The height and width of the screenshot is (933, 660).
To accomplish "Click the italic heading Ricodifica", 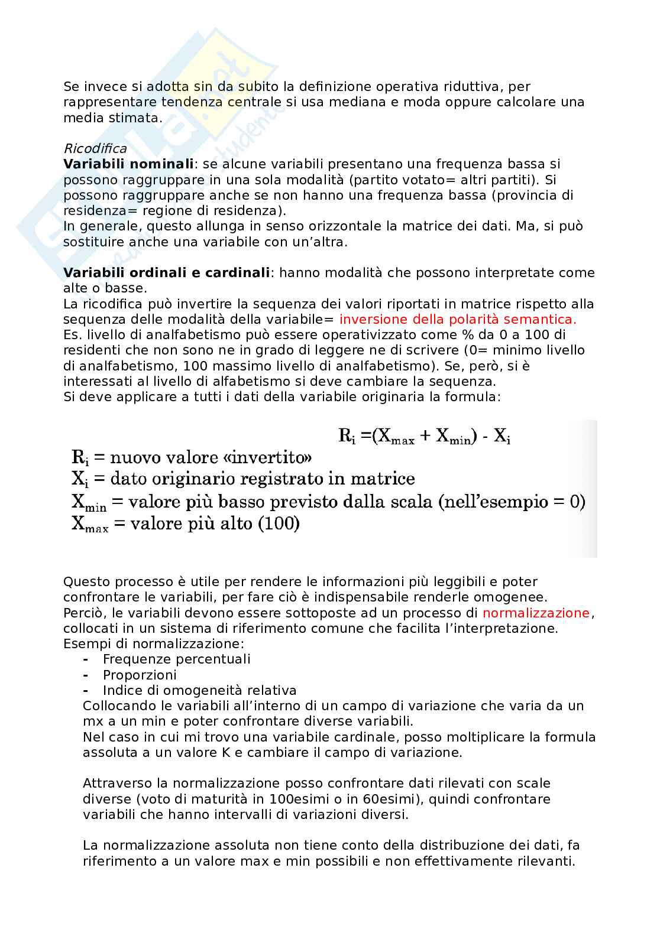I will click(95, 148).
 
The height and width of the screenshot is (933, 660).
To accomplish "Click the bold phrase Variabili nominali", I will click(128, 164).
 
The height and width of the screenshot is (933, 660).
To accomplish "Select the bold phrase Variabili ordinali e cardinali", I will click(166, 272).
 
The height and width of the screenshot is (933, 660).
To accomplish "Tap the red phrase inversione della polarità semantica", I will click(457, 319).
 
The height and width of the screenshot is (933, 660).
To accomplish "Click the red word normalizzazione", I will click(536, 613).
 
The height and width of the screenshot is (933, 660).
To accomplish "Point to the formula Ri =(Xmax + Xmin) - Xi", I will click(424, 437).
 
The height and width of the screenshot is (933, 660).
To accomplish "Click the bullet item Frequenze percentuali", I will click(176, 659).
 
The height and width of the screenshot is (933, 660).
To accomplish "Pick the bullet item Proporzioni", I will click(140, 675).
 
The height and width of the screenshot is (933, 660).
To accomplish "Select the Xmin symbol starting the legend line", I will click(89, 503).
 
